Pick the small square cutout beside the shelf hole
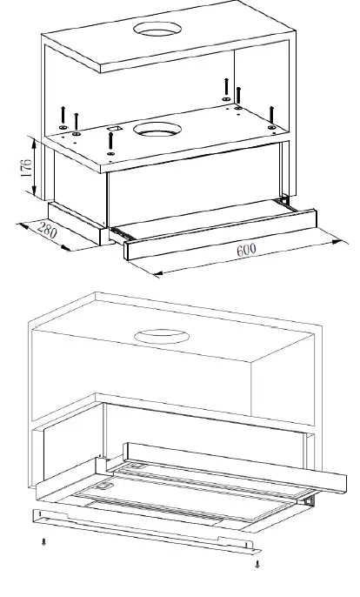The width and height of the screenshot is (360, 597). [x=112, y=129]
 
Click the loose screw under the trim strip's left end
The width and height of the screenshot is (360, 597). [x=45, y=542]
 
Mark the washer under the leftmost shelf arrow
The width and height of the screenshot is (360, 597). [x=63, y=128]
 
